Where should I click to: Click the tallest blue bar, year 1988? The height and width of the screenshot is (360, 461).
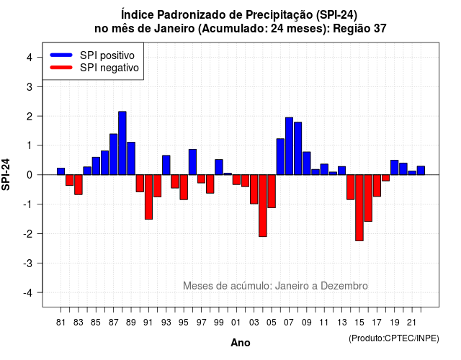coord(122,143)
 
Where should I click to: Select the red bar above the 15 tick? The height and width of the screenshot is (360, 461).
coord(359,208)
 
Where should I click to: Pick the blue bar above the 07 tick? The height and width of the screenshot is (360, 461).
coord(289,146)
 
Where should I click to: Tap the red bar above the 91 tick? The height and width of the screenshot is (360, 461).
coord(149,197)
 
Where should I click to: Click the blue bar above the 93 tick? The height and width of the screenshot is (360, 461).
coord(166,165)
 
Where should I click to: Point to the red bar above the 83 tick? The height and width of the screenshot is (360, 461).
coord(79,184)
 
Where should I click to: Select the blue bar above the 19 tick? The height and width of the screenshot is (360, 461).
coord(395,168)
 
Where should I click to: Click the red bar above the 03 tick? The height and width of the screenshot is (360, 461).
coord(254,189)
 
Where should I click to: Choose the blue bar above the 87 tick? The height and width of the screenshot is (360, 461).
coord(114,154)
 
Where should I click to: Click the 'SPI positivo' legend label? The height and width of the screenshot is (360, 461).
coord(107,55)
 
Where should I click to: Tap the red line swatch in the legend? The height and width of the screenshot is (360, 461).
coord(61,67)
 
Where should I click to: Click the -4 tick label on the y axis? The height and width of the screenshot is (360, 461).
coord(28,293)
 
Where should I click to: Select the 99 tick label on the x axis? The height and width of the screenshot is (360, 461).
coord(219,323)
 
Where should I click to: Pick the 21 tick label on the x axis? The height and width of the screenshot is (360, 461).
coord(412,323)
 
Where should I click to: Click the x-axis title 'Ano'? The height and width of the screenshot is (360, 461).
coord(241,343)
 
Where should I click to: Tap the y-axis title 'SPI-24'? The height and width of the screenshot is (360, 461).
coord(6,174)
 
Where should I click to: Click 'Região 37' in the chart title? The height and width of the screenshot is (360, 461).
coord(359,29)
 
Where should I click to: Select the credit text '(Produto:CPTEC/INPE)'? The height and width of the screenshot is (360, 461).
coord(394,338)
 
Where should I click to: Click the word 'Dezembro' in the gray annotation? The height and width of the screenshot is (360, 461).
coord(344,286)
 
